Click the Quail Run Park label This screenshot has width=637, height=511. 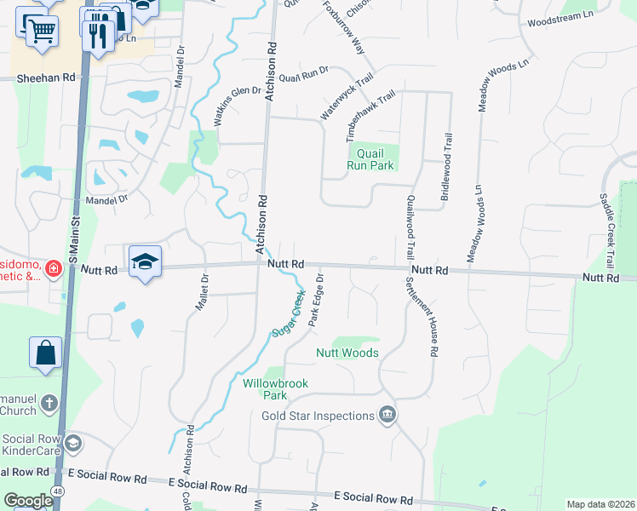coord(370,159)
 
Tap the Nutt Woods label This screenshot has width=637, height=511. coord(347,353)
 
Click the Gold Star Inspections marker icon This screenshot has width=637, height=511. coord(387,415)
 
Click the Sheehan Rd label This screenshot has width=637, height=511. coord(46,78)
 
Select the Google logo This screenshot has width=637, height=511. coord(27,501)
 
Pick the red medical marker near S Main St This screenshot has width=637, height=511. coord(54,268)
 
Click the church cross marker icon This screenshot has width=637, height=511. coord(49,402)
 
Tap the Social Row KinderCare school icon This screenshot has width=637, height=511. coord(73,442)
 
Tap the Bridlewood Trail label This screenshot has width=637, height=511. coord(444,166)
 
